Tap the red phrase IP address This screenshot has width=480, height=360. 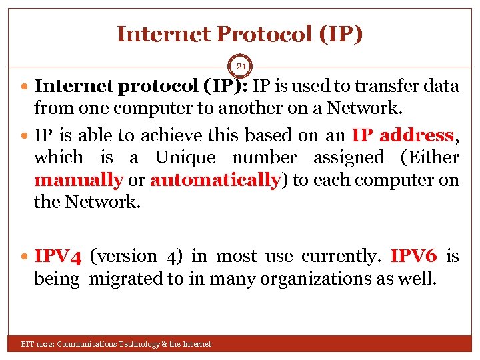tap(403, 135)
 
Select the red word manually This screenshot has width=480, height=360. tap(79, 180)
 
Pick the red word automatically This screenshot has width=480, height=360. tap(215, 180)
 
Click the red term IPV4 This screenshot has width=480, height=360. tap(58, 256)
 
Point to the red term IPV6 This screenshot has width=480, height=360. tap(413, 256)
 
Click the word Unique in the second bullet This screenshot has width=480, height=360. tap(185, 158)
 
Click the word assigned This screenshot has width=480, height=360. tap(348, 158)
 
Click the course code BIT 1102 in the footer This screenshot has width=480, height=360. tap(37, 344)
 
